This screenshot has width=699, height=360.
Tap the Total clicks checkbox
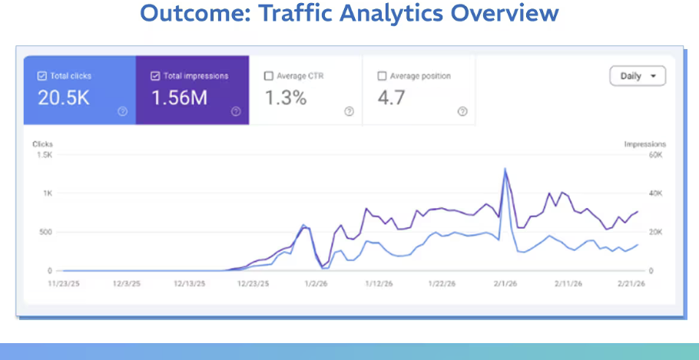coord(42,76)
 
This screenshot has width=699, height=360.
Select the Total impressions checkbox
coord(155,76)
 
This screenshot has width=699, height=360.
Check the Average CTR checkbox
coord(268,76)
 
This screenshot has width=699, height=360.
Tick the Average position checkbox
coord(382,76)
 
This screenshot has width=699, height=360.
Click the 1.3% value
coord(286,97)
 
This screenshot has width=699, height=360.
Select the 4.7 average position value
coord(392,97)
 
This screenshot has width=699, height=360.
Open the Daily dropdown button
coord(638,76)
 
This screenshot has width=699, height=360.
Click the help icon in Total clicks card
coord(122,111)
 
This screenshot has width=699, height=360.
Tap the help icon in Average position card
coord(462,111)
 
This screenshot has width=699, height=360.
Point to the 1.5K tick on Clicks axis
coord(45,155)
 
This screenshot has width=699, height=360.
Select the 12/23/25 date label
coord(253,283)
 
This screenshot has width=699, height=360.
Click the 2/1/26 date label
coord(505,283)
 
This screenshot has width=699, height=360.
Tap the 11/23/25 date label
coord(64,283)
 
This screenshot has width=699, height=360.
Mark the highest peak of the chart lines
coord(505,169)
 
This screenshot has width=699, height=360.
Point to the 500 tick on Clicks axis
coord(46,232)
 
